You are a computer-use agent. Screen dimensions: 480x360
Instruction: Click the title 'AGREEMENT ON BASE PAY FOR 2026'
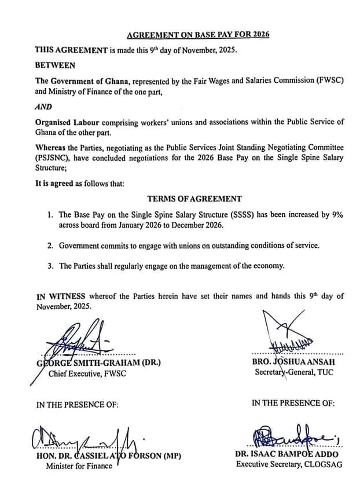point(198,35)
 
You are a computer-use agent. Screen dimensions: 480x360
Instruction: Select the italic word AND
point(44,107)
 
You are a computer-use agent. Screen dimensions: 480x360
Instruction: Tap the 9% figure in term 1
point(336,214)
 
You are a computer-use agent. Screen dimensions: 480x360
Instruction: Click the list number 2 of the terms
point(51,246)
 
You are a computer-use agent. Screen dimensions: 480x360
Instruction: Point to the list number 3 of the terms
point(51,266)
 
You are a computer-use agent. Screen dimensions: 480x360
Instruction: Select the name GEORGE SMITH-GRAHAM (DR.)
point(98,362)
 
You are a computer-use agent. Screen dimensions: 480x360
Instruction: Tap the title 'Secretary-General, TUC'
point(294,372)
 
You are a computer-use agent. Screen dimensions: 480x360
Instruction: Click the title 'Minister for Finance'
point(80,467)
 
